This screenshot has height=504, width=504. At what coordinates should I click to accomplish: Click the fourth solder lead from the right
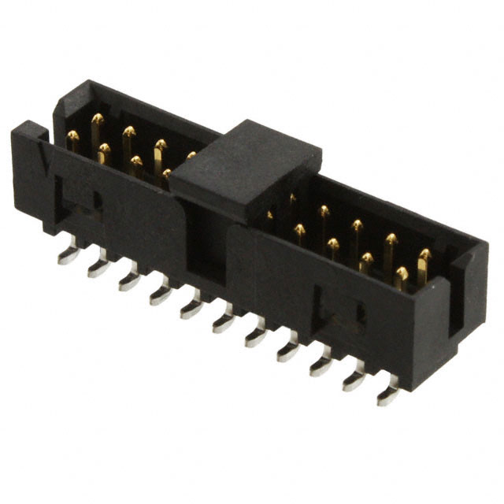[x=289, y=348]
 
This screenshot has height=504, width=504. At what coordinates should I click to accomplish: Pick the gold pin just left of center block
[x=191, y=156]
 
